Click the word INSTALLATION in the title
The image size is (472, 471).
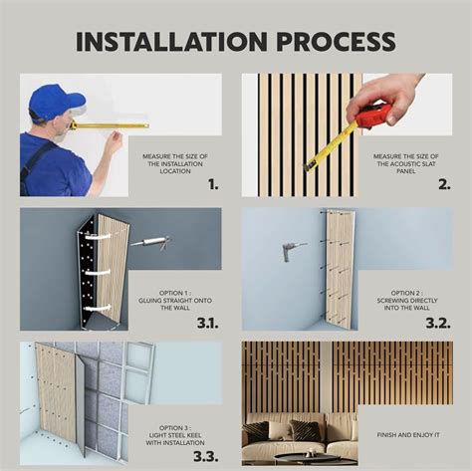(x=159, y=42)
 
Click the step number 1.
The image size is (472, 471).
(x=213, y=183)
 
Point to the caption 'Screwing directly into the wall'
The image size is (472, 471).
(x=403, y=301)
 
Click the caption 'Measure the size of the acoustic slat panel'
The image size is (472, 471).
(x=403, y=163)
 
